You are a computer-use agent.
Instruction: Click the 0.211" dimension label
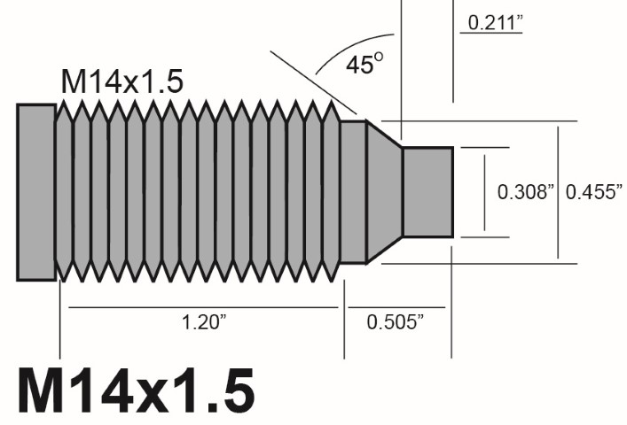click(491, 21)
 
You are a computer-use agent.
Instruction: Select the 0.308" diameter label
click(526, 191)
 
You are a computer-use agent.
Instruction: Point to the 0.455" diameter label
click(595, 191)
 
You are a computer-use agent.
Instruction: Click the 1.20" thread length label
click(205, 322)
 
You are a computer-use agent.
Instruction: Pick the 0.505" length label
click(395, 322)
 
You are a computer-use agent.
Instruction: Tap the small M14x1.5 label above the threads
click(121, 81)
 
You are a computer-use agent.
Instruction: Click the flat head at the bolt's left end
click(35, 191)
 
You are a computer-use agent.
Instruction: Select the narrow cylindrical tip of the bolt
click(427, 192)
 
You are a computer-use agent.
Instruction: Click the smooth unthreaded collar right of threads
click(353, 192)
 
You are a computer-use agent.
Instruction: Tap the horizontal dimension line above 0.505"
click(395, 307)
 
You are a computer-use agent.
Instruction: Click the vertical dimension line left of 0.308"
click(484, 192)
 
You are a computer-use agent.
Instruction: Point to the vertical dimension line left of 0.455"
click(558, 192)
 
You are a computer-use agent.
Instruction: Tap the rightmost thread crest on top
click(331, 103)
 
